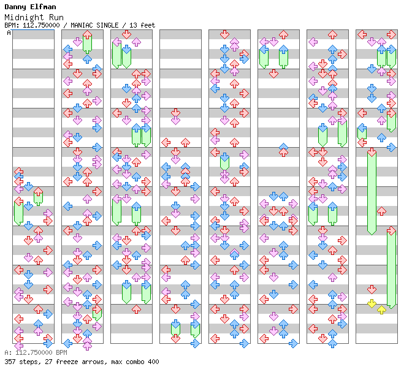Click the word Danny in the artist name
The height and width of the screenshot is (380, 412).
click(15, 7)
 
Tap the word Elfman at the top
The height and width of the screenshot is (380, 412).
click(41, 7)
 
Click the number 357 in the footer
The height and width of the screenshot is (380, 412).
click(10, 362)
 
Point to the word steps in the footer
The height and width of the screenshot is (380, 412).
click(28, 362)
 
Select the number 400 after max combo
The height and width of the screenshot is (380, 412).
click(153, 362)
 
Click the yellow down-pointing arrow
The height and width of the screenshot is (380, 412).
click(372, 303)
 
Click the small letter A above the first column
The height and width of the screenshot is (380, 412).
click(9, 32)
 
